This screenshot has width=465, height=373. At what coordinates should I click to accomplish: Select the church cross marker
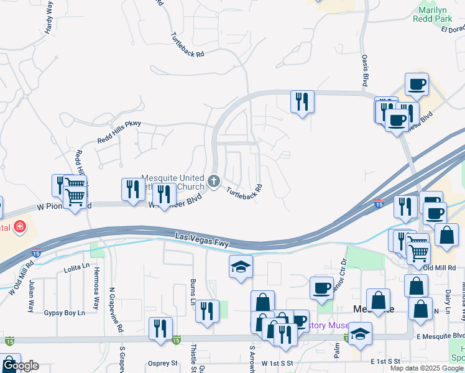tap(214, 182)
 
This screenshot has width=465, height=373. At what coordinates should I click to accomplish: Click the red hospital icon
tap(21, 226)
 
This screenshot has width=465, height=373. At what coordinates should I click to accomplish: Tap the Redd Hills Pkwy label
tap(119, 132)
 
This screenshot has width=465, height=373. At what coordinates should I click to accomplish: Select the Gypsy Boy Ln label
tap(64, 313)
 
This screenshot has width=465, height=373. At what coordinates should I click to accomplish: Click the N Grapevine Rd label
tap(113, 305)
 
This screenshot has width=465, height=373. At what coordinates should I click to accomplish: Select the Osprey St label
tap(163, 363)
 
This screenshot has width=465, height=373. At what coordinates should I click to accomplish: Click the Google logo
tap(20, 366)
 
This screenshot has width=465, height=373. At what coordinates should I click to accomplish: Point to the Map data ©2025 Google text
tap(426, 368)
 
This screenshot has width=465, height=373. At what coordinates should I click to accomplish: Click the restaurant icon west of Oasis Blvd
tap(302, 101)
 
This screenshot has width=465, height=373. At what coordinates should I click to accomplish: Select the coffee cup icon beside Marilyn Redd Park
tap(417, 84)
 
